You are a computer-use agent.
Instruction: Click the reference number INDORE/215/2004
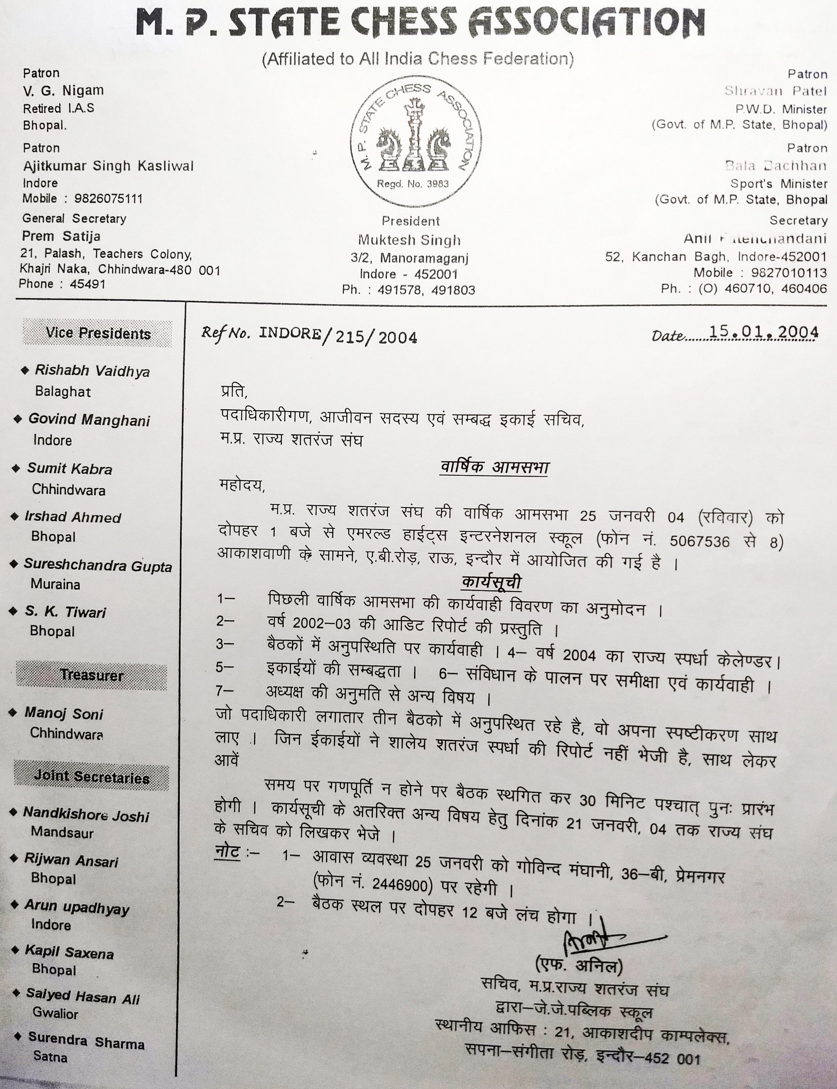pos(337,336)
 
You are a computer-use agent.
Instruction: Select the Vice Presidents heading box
pos(97,333)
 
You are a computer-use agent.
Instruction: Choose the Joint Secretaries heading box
pos(92,777)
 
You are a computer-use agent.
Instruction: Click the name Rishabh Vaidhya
pos(92,371)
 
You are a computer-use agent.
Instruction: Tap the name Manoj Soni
pos(64,714)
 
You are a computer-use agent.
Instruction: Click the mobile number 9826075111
pos(108,199)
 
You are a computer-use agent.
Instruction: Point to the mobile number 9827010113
pos(789,273)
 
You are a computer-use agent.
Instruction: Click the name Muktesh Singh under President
pos(409,240)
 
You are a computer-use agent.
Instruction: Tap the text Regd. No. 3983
pos(412,184)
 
